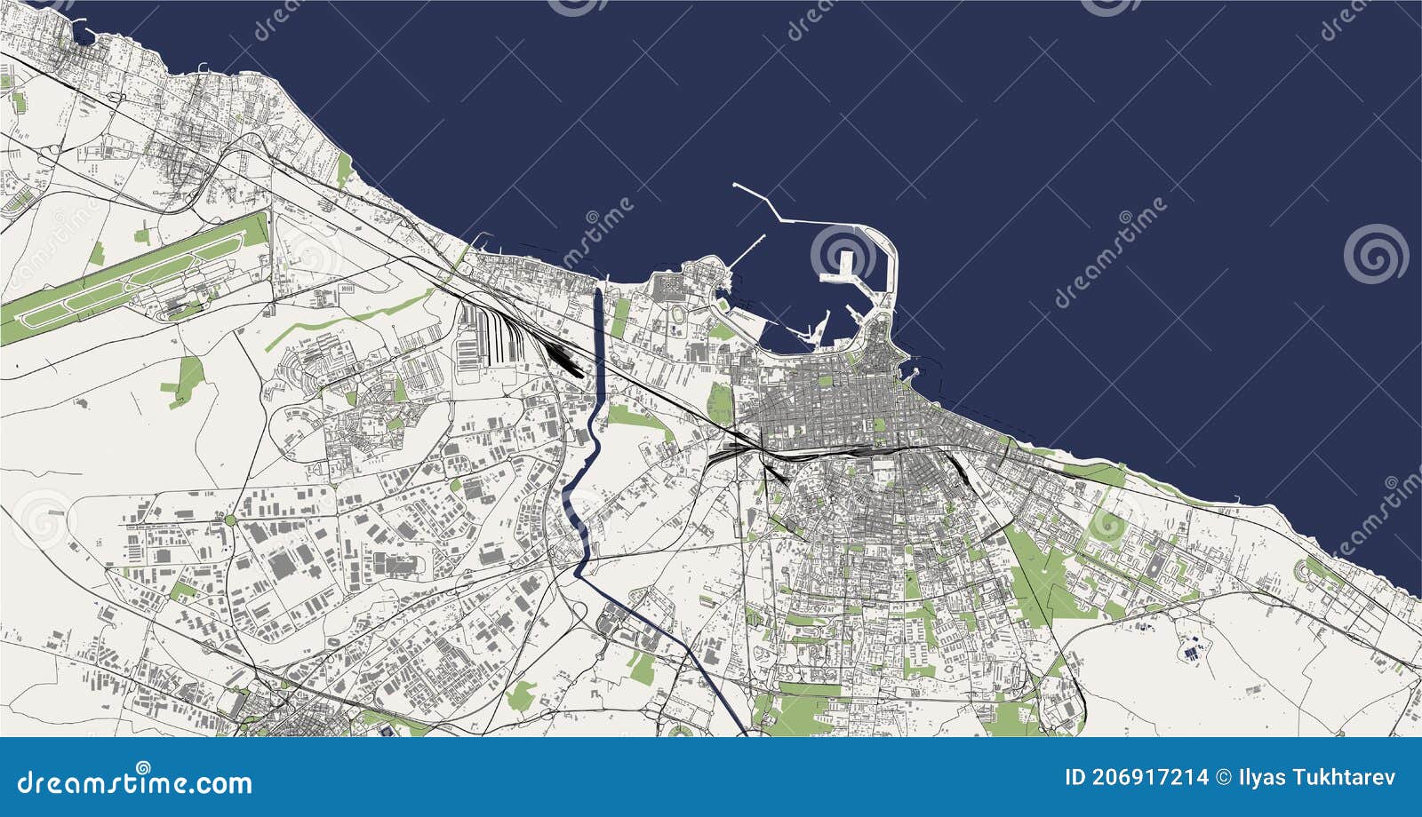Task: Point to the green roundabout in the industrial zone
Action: (230, 519)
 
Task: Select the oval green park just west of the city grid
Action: (720, 404)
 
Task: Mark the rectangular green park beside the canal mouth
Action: (620, 316)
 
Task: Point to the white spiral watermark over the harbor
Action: (842, 253)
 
